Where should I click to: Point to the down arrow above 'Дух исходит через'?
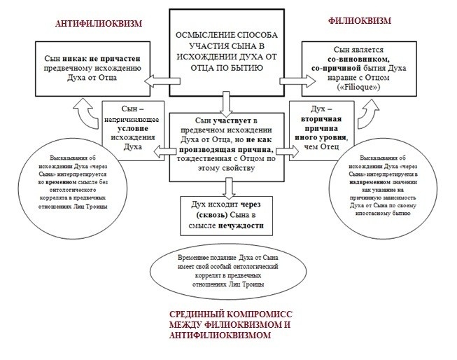pyautogui.click(x=227, y=188)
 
